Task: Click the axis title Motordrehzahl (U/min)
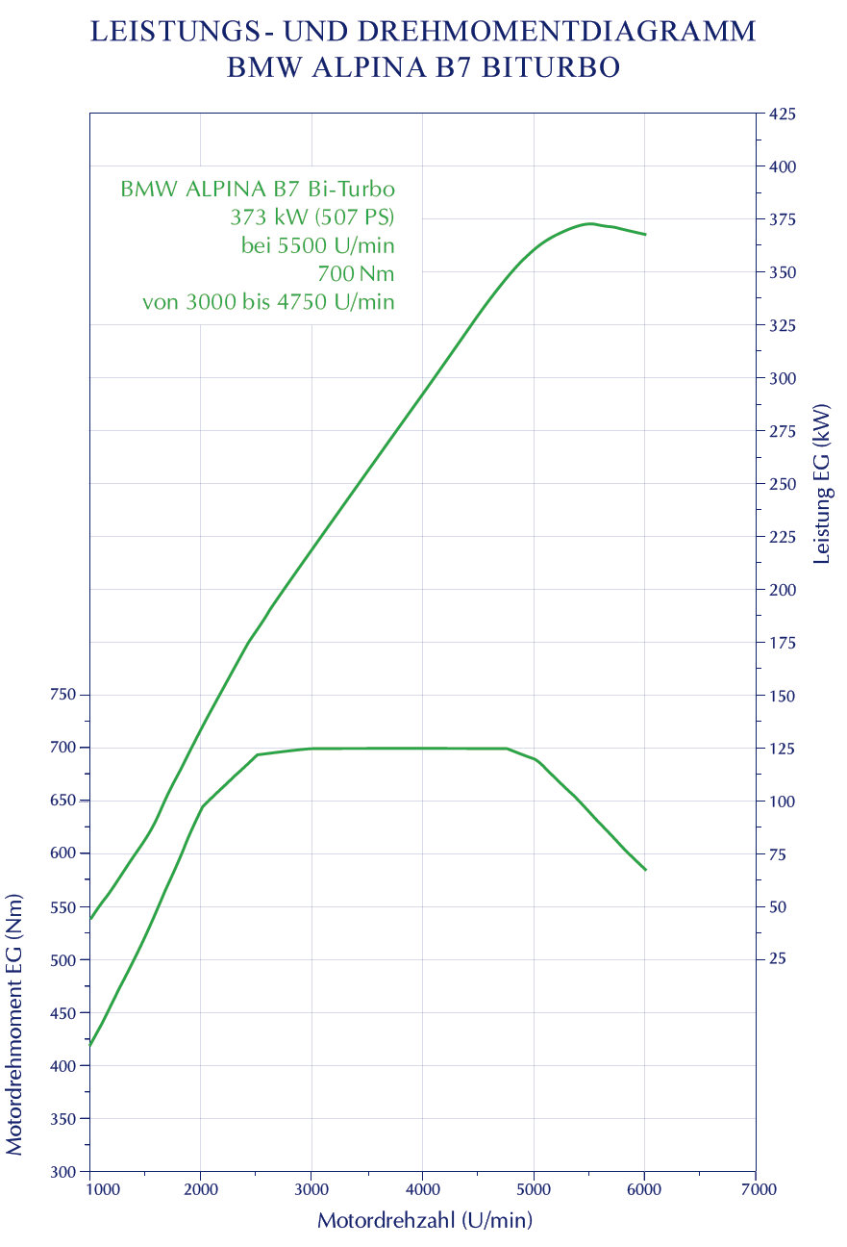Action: click(x=424, y=1221)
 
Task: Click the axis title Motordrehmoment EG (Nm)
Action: click(x=14, y=1032)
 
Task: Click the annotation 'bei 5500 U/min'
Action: click(x=317, y=244)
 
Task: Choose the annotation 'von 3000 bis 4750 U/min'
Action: click(x=268, y=302)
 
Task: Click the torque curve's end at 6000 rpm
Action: click(x=645, y=870)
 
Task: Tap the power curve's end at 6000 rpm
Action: click(x=645, y=234)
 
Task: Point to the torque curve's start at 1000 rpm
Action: click(x=90, y=1045)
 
